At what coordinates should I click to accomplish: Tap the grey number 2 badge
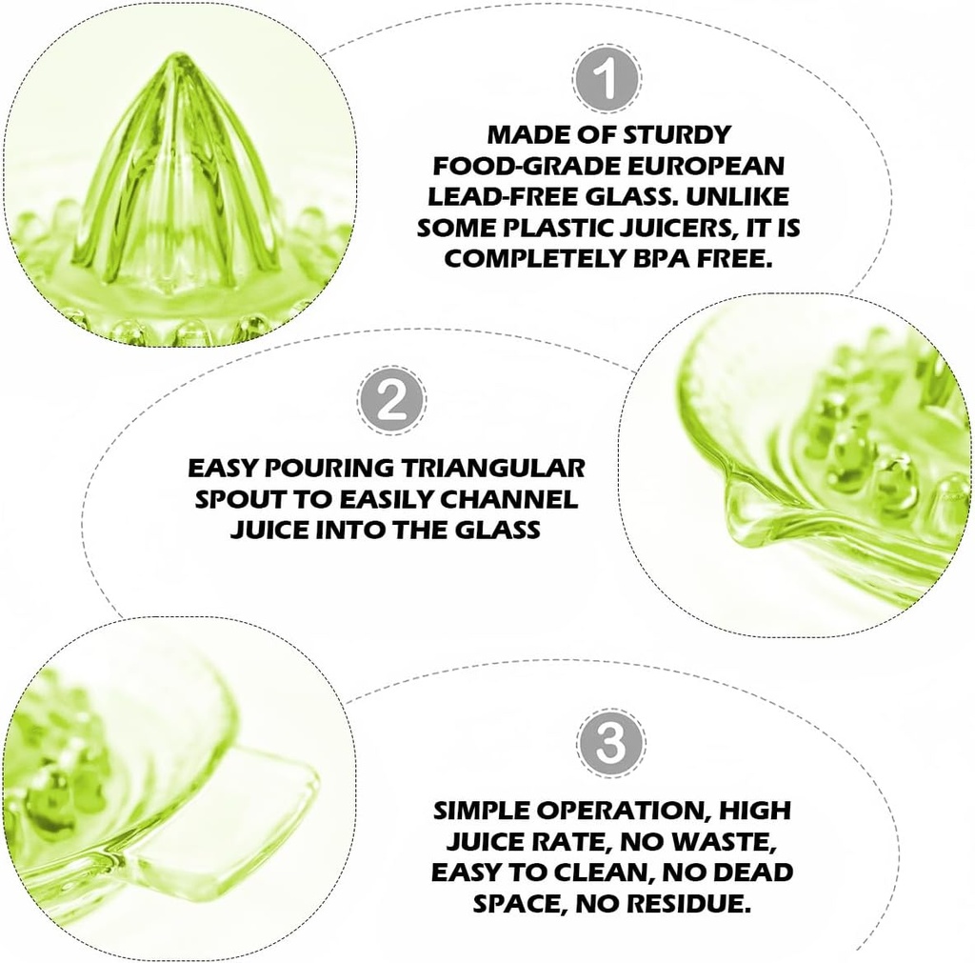(x=392, y=401)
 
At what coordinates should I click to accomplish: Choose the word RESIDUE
(x=691, y=903)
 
